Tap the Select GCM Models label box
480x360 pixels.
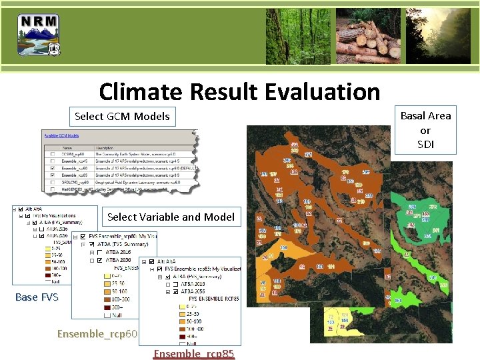point(122,116)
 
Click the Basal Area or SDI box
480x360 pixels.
point(425,129)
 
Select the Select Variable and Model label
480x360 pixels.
point(171,217)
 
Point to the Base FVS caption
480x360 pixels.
point(37,297)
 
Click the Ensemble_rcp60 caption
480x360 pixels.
point(97,333)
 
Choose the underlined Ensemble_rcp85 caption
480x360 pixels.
point(193,353)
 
